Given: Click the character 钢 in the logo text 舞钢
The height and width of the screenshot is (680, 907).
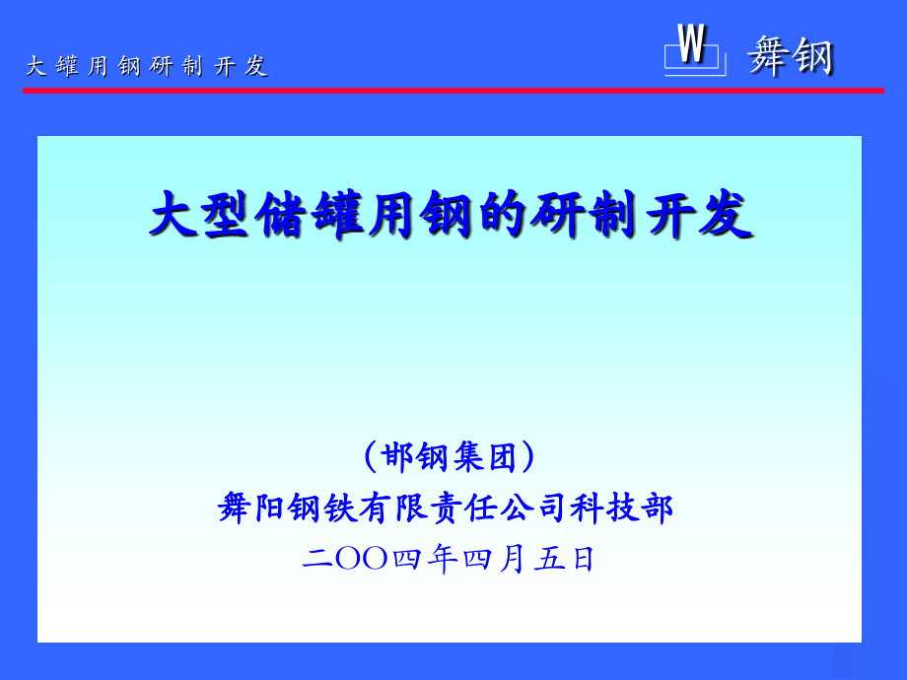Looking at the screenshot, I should pos(813,55).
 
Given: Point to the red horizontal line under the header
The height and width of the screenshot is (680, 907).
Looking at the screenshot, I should pos(453,91).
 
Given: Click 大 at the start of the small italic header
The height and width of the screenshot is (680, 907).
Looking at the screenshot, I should pos(35,66).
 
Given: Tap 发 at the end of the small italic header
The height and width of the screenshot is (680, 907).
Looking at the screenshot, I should pos(256,66).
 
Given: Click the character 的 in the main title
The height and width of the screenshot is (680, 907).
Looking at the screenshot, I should pos(506,215).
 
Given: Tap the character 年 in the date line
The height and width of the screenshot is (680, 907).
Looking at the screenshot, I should pos(443,559).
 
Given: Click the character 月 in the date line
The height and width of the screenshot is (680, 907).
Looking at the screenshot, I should pos(512,559).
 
